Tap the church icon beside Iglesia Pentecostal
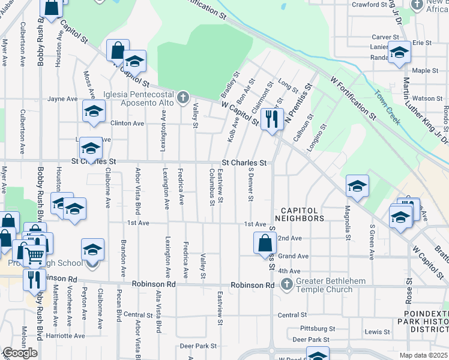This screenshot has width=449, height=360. click(x=184, y=97)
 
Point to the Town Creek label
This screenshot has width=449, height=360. click(x=387, y=108)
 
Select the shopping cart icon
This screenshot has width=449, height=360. click(x=34, y=255)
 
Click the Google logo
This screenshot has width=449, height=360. click(x=20, y=353)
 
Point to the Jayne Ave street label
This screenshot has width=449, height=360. click(x=62, y=99)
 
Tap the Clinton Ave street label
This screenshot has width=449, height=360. click(x=127, y=123)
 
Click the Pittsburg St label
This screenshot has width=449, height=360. click(x=318, y=329)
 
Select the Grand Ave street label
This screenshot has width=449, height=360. click(x=293, y=256)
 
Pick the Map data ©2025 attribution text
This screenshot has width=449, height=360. click(x=424, y=355)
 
